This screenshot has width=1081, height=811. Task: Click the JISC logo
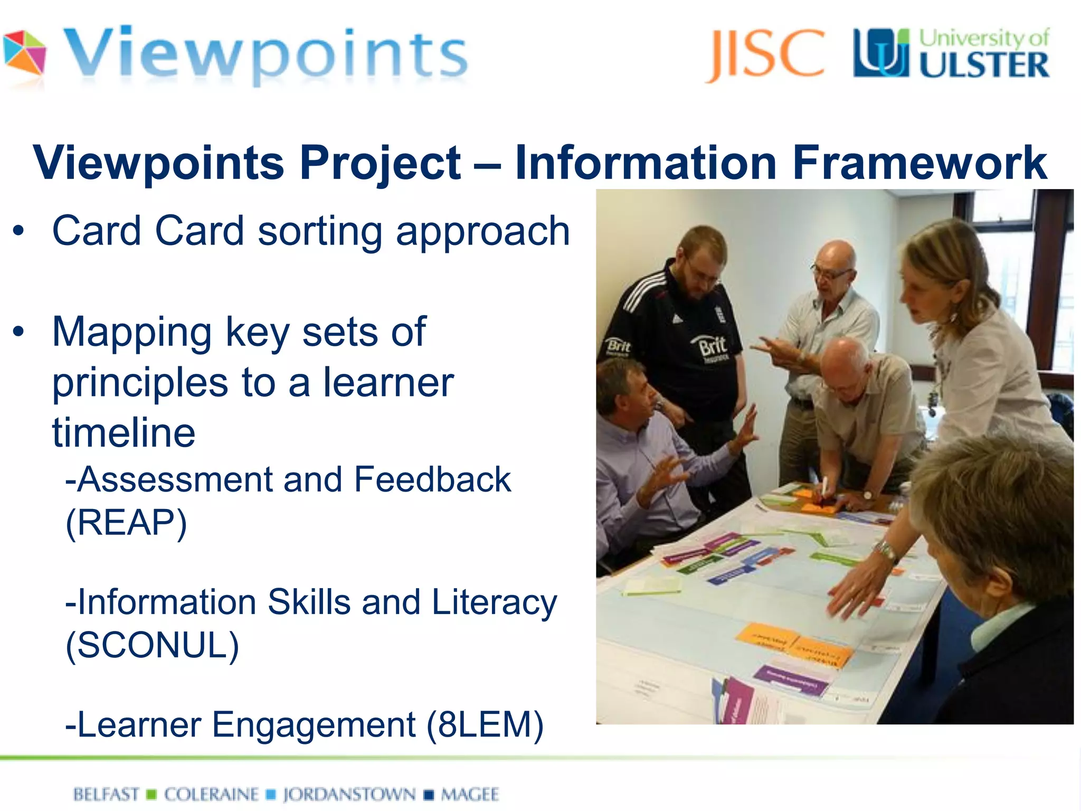pyautogui.click(x=765, y=54)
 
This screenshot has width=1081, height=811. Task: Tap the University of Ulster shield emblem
pyautogui.click(x=881, y=53)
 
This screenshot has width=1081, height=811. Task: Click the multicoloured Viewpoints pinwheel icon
pyautogui.click(x=24, y=53)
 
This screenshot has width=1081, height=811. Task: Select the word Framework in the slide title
pyautogui.click(x=919, y=163)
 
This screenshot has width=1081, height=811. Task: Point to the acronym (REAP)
pyautogui.click(x=126, y=523)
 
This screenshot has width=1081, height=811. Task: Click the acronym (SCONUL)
pyautogui.click(x=152, y=645)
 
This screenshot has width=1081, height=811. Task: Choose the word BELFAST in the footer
pyautogui.click(x=106, y=794)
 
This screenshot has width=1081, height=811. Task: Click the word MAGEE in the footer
pyautogui.click(x=470, y=794)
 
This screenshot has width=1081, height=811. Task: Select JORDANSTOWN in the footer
pyautogui.click(x=349, y=794)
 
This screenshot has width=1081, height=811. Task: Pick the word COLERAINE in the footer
pyautogui.click(x=211, y=794)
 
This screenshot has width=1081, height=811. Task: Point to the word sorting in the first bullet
pyautogui.click(x=320, y=232)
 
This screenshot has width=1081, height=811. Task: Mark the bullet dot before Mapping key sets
pyautogui.click(x=19, y=332)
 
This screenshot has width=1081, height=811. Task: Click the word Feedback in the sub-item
pyautogui.click(x=432, y=480)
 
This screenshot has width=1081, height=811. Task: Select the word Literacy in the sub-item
pyautogui.click(x=494, y=602)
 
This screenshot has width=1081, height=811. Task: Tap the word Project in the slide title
pyautogui.click(x=380, y=163)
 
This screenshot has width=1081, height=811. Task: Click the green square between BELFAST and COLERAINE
pyautogui.click(x=151, y=794)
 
